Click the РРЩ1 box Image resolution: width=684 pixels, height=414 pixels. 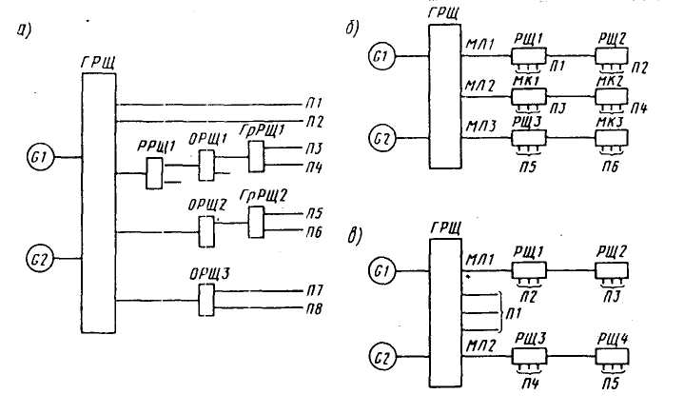point(154,173)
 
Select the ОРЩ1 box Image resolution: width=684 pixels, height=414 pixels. point(206,166)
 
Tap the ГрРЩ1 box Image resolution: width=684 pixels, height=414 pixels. point(257,156)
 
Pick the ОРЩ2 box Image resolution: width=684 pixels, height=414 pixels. point(206,231)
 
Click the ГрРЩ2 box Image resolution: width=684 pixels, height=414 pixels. point(257,222)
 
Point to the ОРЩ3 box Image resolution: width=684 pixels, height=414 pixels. point(206,300)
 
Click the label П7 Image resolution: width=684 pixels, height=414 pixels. point(314,290)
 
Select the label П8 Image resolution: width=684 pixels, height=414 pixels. point(314,309)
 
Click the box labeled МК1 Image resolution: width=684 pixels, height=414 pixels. point(529,97)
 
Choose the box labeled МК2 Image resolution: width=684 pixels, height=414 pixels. point(612,96)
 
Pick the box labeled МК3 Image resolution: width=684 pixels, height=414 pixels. point(612,138)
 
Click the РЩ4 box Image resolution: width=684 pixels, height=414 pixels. point(612,356)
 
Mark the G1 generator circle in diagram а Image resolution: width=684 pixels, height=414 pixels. point(40,157)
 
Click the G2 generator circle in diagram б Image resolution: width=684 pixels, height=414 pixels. point(382,138)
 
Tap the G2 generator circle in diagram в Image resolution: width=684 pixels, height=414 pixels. point(382,356)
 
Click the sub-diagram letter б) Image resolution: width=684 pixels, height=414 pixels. point(353,29)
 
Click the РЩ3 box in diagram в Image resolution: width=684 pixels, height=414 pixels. point(529,356)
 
